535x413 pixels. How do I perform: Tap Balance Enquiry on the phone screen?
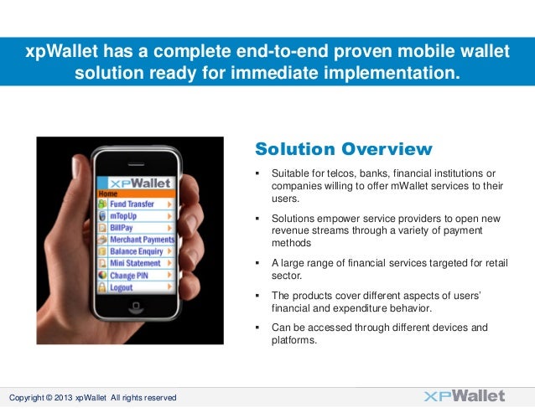(x=136, y=251)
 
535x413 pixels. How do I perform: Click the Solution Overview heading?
(x=343, y=150)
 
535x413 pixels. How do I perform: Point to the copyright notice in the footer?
(x=92, y=397)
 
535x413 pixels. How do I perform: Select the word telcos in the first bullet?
(x=335, y=173)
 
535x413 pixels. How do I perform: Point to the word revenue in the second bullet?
(x=290, y=230)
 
